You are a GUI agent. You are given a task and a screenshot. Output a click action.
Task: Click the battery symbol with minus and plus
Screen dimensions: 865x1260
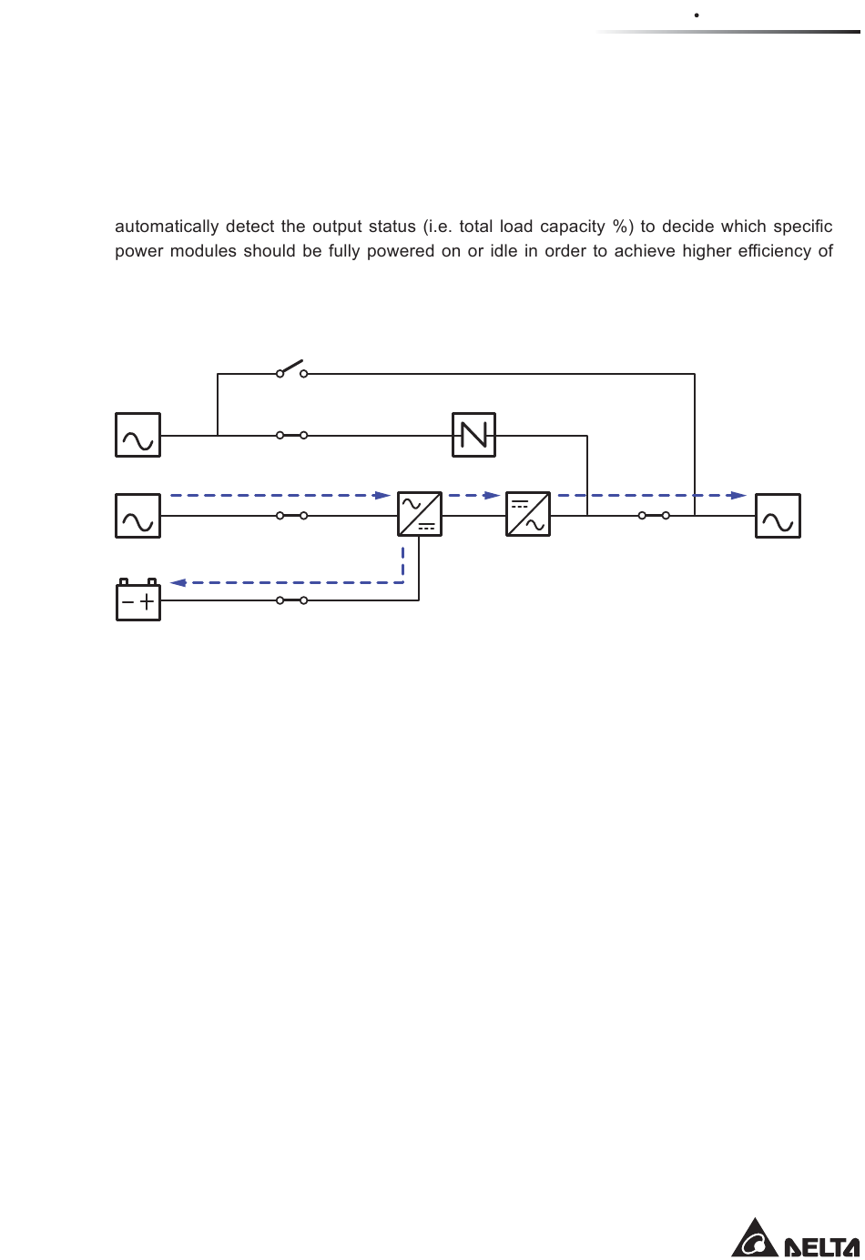point(138,600)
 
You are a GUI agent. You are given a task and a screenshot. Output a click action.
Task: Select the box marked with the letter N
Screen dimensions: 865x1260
point(474,435)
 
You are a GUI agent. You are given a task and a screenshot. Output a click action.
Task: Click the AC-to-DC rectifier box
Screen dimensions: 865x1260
point(420,514)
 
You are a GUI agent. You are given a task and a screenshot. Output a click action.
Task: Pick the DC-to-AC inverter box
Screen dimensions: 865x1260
point(528,514)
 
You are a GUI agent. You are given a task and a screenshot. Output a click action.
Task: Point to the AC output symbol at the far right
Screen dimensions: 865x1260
point(778,516)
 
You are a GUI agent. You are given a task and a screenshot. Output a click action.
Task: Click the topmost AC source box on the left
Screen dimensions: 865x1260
point(138,435)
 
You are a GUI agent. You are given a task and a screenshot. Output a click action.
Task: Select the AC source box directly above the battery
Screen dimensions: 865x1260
point(138,516)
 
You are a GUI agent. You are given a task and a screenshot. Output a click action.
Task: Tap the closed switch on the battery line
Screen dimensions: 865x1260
point(291,600)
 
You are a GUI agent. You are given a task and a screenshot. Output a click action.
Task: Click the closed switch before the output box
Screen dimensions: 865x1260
point(654,516)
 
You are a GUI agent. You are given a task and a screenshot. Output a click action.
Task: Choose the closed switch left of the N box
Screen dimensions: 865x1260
point(291,436)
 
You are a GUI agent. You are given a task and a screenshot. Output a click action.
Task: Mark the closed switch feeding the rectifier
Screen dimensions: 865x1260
point(291,516)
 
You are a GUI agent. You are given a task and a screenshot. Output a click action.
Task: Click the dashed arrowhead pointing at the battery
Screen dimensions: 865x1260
point(178,583)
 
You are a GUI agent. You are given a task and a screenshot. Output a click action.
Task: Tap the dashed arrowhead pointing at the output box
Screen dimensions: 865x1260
point(738,496)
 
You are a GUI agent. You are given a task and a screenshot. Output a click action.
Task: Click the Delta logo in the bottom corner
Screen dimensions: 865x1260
point(796,1239)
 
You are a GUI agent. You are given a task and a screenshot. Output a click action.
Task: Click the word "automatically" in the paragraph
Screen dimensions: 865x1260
point(167,227)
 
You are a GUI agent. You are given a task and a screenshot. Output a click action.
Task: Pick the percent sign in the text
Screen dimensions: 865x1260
point(622,227)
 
